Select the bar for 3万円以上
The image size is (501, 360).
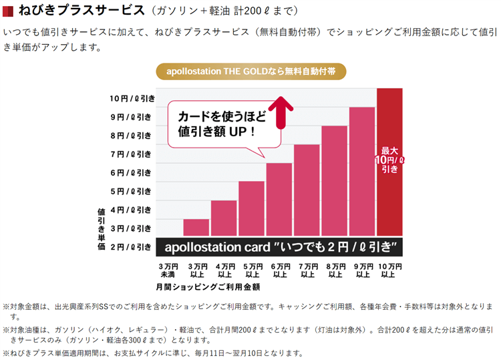click(x=196, y=227)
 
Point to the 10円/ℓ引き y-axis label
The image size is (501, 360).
click(x=132, y=98)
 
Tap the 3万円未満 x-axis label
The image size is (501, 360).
click(x=168, y=271)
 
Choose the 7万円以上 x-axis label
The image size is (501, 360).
click(x=307, y=271)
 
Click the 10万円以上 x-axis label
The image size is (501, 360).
click(x=389, y=271)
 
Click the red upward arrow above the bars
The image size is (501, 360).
click(x=282, y=111)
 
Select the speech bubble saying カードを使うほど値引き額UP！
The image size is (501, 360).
click(x=222, y=124)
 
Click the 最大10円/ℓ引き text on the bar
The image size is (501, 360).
click(x=389, y=160)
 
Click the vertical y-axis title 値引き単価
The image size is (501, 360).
click(x=101, y=229)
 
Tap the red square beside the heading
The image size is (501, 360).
click(x=9, y=11)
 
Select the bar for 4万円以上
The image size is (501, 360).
click(x=224, y=218)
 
